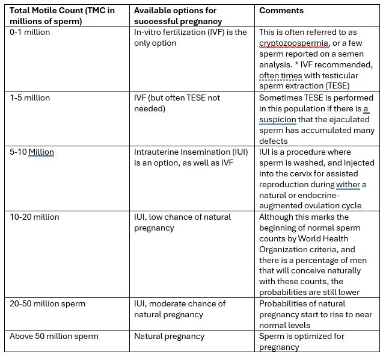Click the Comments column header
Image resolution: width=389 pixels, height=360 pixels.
[x=281, y=10]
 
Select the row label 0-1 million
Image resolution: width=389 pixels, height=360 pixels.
[x=31, y=32]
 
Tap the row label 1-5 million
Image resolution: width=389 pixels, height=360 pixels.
[x=30, y=98]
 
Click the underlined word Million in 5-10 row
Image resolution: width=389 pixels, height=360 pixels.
[x=41, y=152]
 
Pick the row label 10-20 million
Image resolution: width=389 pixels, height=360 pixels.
[x=34, y=217]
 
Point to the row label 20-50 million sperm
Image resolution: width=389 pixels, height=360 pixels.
[x=47, y=303]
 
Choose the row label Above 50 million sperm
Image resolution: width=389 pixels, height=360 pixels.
[x=54, y=336]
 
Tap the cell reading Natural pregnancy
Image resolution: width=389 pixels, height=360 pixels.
[x=169, y=336]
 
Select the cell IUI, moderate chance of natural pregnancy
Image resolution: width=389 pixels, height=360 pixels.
[x=180, y=309]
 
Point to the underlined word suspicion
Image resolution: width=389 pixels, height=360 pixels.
[x=278, y=119]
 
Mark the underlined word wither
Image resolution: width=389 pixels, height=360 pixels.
[x=348, y=184]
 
